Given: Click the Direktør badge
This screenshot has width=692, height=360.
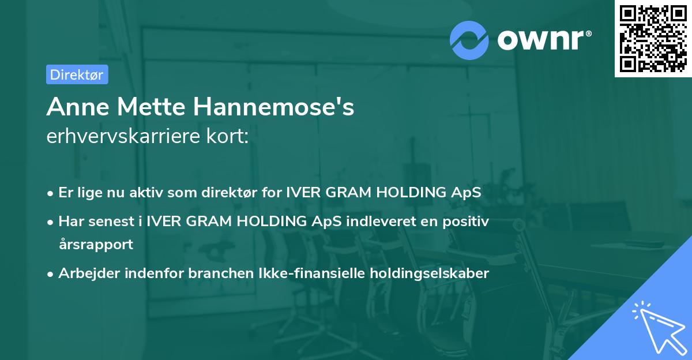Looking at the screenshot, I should (x=77, y=74).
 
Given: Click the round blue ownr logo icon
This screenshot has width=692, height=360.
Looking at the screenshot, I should (x=469, y=40).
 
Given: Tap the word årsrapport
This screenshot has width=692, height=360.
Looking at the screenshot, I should (x=96, y=244).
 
